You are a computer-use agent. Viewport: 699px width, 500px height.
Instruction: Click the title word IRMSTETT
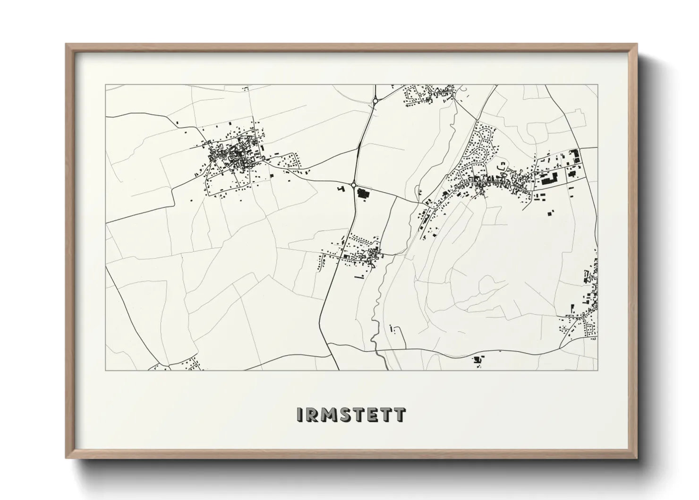click(350, 414)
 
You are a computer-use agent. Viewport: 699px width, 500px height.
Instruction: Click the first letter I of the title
click(300, 414)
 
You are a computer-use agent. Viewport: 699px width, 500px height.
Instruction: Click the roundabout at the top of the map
click(375, 101)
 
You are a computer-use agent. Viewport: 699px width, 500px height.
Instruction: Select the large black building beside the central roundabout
click(363, 193)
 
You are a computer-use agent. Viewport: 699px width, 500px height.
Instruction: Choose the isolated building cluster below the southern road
click(478, 361)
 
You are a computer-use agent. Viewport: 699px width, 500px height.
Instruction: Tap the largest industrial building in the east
click(550, 179)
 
